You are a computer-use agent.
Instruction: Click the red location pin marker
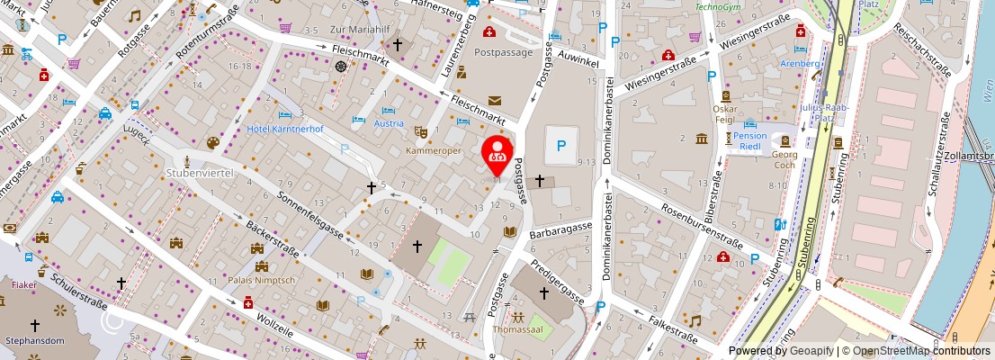pos(497,152)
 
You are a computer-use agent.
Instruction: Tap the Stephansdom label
pos(35,341)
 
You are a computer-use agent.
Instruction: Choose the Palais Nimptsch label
pos(262,280)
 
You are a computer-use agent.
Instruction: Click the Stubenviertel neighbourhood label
pos(200,172)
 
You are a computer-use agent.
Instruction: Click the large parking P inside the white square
pos(561,145)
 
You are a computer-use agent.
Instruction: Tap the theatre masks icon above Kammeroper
pos(419,131)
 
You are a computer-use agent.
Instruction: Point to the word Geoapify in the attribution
pos(811,351)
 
